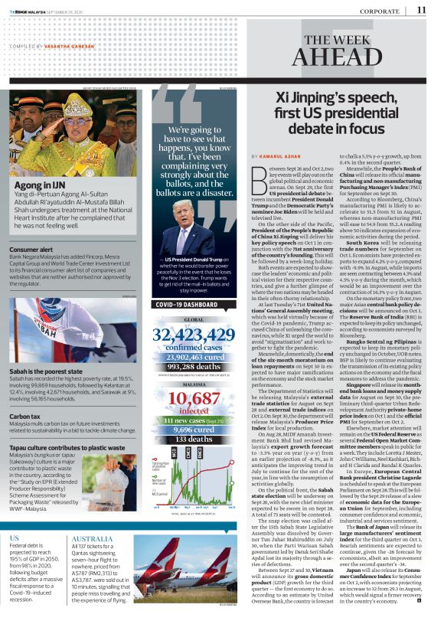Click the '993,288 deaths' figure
click(193, 367)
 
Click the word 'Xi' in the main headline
click(285, 99)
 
